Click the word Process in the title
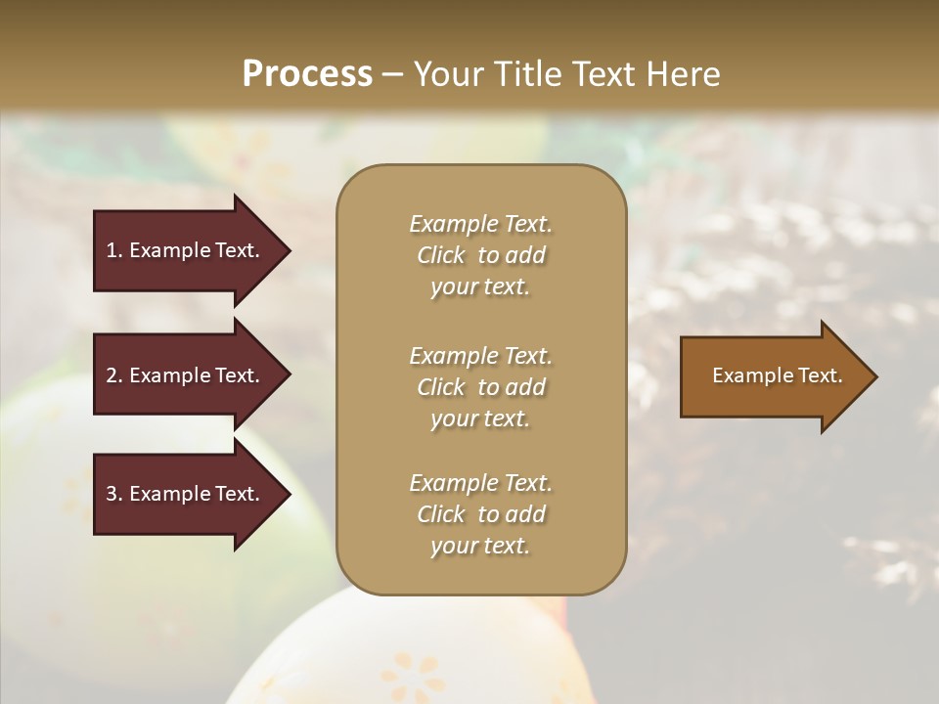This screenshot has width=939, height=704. pos(307,74)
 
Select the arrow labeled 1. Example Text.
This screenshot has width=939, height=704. pos(186,250)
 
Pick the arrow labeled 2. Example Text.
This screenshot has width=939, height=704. pos(186,375)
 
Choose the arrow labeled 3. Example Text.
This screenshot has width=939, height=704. pos(186,494)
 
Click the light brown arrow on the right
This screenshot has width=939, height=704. pos(773,376)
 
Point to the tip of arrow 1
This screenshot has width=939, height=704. pos(288,250)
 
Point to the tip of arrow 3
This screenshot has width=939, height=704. pos(288,494)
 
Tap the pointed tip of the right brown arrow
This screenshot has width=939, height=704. pos(874,376)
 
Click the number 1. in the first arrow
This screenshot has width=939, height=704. pos(114,250)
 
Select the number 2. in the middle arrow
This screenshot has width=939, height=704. pos(114,375)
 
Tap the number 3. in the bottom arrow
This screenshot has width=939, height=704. pos(114,494)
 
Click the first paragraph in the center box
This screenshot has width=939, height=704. pos(480,255)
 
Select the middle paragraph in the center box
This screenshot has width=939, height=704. pos(480,386)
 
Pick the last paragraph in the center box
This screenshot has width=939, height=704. pos(480,514)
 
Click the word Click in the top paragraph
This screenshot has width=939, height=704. pos(440,255)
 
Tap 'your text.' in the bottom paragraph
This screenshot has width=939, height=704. pos(480,546)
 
